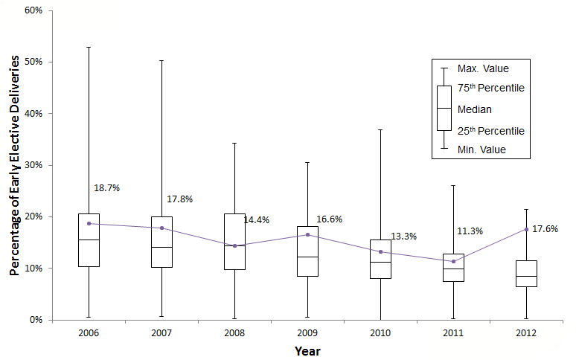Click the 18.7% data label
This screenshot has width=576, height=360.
107,188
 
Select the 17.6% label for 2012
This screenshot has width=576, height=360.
545,229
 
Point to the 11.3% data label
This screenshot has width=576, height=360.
470,231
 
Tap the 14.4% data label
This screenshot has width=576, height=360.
256,220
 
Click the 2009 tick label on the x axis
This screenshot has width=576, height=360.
307,333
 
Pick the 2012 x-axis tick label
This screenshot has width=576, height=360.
526,333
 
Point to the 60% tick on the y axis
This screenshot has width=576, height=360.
33,10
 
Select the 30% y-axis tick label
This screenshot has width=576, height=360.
33,165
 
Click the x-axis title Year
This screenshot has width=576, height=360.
307,350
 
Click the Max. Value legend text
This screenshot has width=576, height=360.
483,68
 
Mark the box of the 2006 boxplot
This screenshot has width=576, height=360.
89,240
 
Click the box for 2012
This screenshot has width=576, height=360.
526,274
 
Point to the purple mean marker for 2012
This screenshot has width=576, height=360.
526,229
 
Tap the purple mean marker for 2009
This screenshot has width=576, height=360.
307,234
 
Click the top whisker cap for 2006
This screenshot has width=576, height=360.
89,47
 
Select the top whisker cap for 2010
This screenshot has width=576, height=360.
380,129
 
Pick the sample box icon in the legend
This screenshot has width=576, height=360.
444,108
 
